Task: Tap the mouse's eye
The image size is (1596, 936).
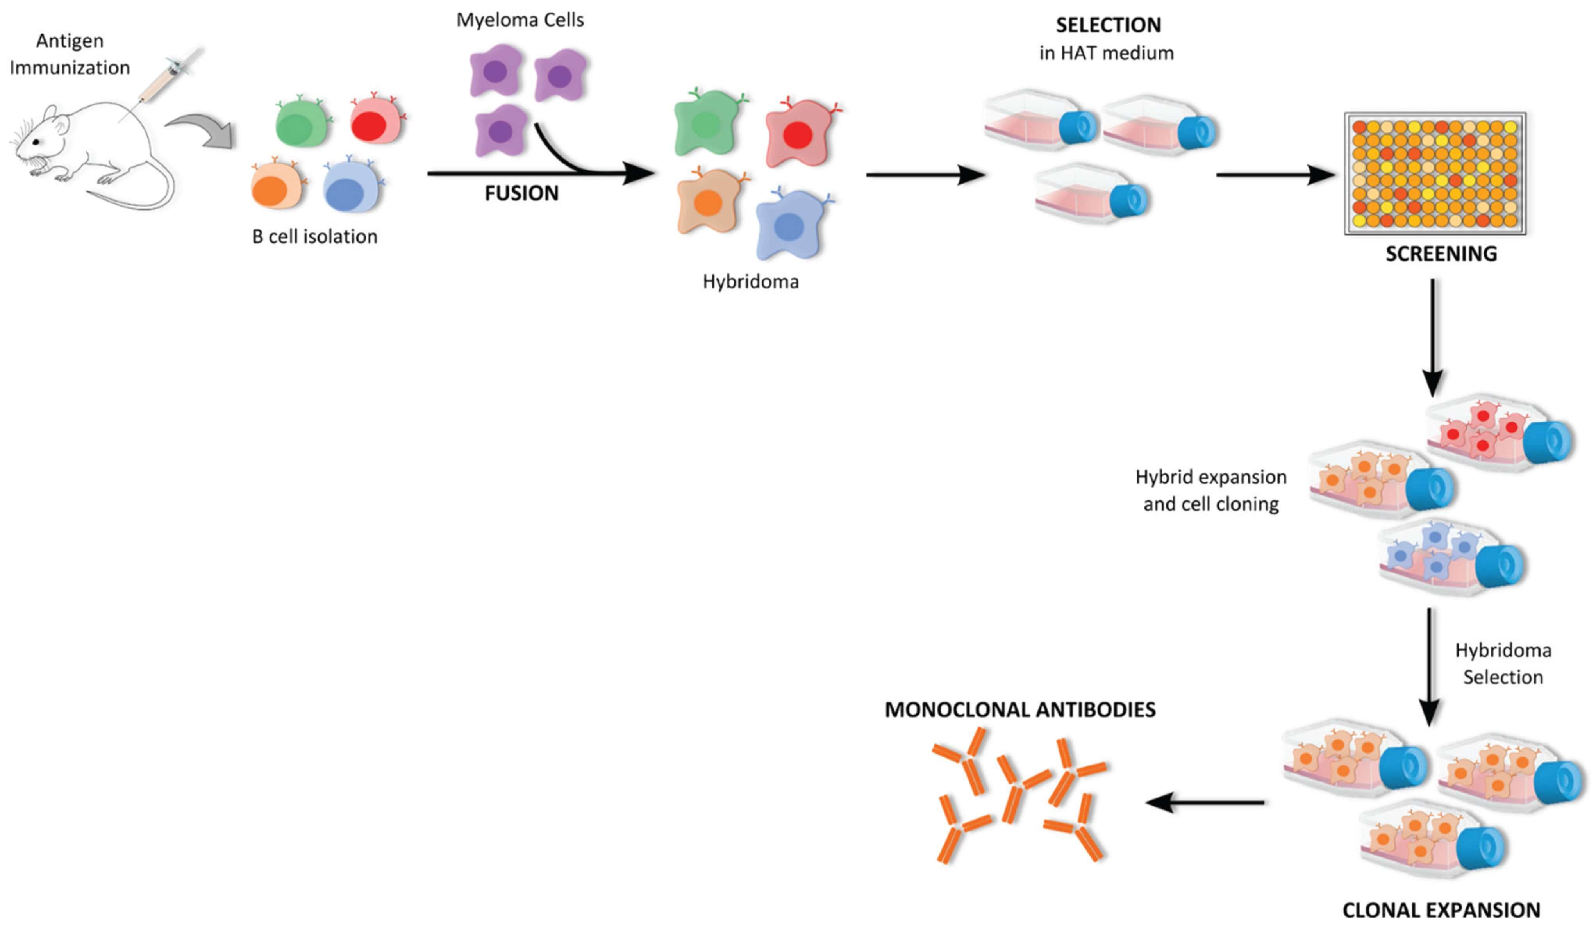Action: point(40,141)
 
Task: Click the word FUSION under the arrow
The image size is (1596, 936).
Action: point(521,193)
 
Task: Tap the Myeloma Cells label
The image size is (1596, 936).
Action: point(520,20)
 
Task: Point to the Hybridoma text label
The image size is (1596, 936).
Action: point(750,281)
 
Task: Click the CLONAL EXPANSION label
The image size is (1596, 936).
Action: point(1441,910)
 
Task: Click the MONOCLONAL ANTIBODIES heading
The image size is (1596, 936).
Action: point(1019,709)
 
